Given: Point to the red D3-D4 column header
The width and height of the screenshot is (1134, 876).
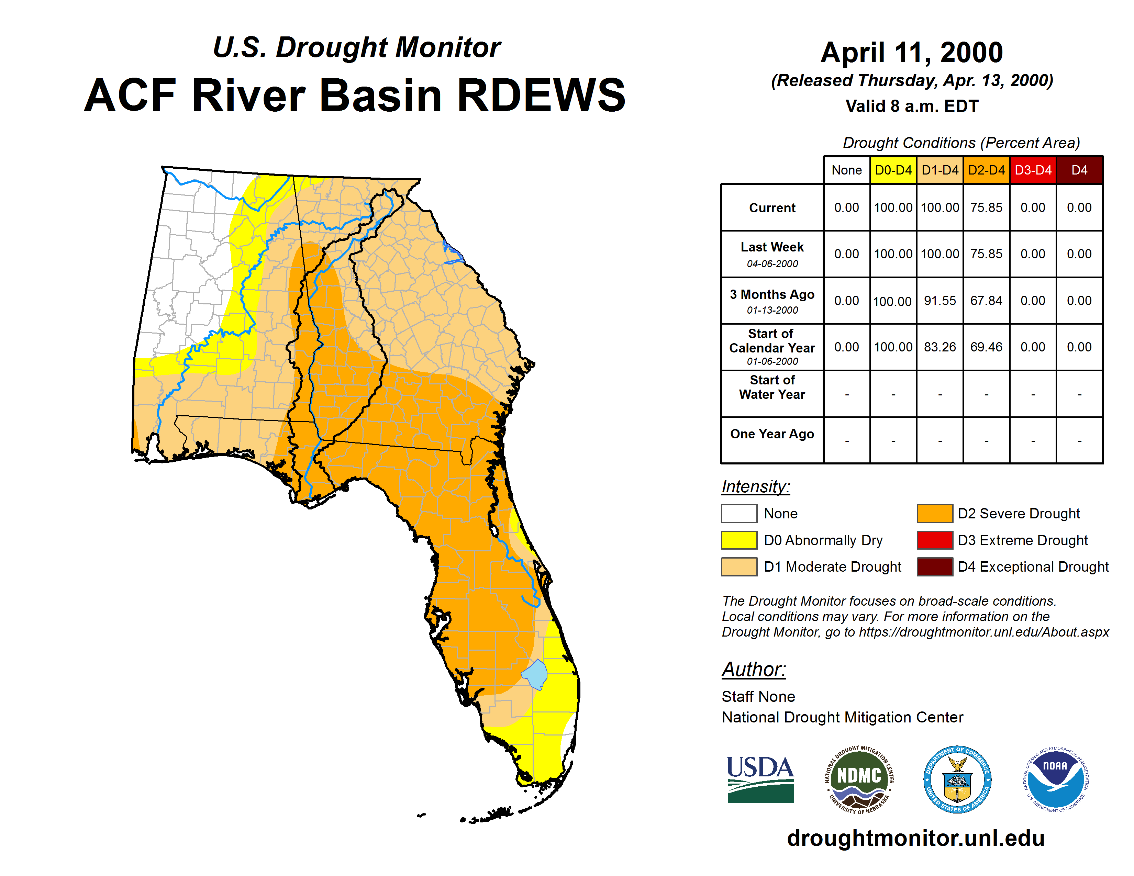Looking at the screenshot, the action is point(1033,170).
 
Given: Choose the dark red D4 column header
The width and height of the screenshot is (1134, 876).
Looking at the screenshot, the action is point(1079,170).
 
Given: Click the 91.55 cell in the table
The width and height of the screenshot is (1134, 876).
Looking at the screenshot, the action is point(940,301).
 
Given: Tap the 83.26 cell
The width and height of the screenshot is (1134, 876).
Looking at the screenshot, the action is point(940,347).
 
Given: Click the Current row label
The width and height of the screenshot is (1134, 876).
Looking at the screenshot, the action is point(772,207).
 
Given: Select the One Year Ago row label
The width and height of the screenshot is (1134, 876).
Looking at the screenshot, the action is point(772,434).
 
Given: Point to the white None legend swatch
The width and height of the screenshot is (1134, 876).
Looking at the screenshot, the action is point(739,513).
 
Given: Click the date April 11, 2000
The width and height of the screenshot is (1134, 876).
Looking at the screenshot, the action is point(912,53).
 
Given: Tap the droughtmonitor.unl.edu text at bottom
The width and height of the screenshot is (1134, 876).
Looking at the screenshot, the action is point(916,838).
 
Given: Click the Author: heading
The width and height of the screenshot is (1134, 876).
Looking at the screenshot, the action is point(754,670).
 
